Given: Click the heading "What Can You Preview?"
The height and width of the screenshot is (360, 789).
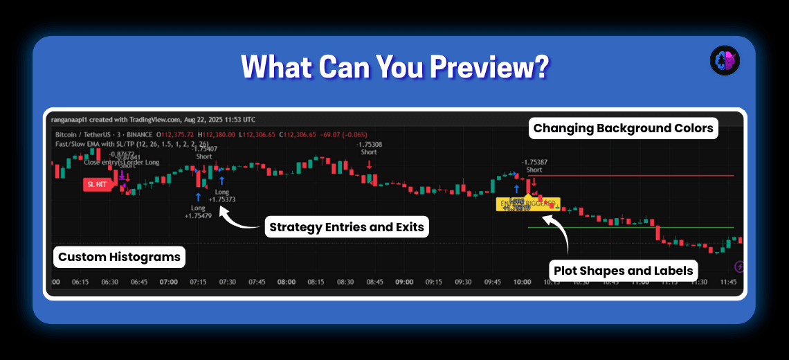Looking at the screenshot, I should [x=394, y=67].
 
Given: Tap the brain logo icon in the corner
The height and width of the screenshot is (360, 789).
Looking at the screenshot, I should [x=725, y=61].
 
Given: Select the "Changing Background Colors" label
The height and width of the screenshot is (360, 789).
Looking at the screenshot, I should [x=623, y=128].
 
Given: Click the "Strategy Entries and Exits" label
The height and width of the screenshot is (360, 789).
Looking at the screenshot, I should [x=346, y=227].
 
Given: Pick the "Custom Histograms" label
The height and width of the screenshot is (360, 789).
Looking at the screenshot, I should [x=119, y=257].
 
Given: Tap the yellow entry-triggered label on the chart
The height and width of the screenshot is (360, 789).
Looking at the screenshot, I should [x=528, y=204].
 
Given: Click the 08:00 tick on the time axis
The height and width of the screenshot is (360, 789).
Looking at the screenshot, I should [x=287, y=282].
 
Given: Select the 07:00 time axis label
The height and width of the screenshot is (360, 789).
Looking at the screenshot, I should [x=169, y=282].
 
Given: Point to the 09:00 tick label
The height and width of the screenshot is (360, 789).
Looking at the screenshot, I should [x=404, y=282].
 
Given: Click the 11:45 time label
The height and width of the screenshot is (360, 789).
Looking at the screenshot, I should [x=729, y=282].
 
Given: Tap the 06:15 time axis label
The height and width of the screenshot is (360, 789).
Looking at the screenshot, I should [x=80, y=282].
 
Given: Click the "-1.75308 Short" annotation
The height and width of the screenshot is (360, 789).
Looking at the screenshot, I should [x=369, y=148].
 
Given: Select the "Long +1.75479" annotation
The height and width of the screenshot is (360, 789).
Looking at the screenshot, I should [x=198, y=211].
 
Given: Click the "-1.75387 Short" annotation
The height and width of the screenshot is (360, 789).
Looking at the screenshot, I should [x=534, y=165].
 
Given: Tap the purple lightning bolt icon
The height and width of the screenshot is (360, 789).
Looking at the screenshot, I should [x=740, y=267].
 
